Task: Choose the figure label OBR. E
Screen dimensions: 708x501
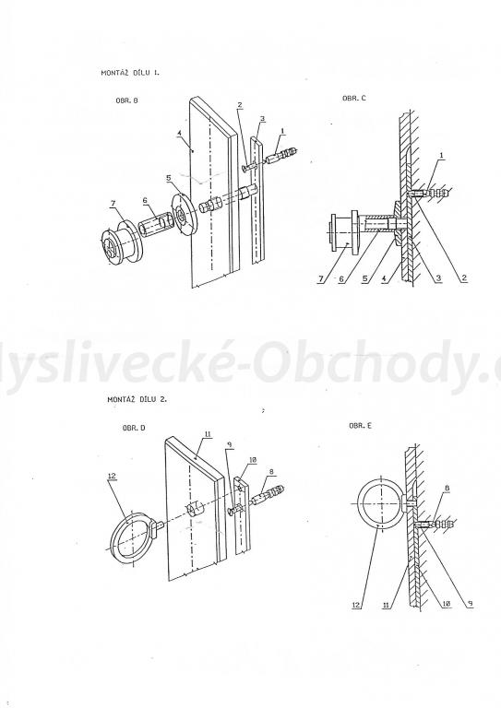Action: pyautogui.click(x=359, y=427)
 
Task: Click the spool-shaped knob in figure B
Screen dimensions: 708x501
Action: pyautogui.click(x=119, y=242)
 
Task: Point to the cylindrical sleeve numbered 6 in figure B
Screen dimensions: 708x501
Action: pyautogui.click(x=156, y=227)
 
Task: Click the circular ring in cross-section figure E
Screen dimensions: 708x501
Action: pyautogui.click(x=379, y=504)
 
